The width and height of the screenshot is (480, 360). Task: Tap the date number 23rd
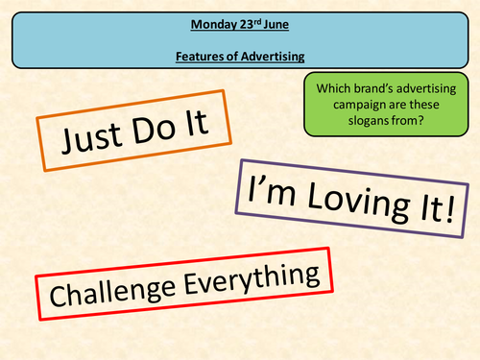click(x=243, y=21)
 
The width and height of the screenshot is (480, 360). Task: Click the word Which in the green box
click(x=332, y=87)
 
